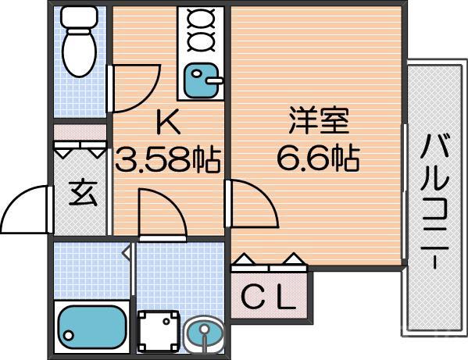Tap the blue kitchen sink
pos(202,79)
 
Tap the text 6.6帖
pos(317,159)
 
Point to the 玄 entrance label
pos(82,192)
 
